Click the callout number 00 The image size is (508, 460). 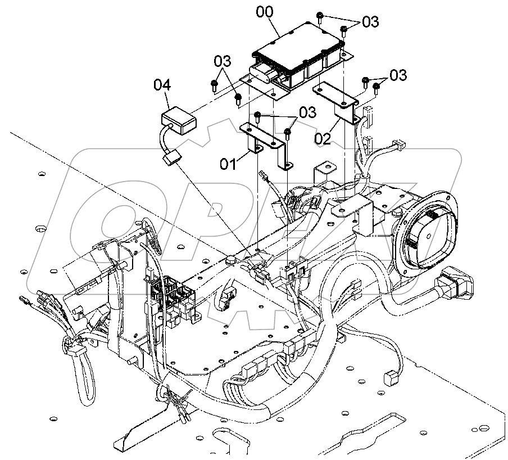pos(265,12)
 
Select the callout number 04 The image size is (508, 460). pos(162,85)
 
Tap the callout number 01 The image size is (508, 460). pos(228,164)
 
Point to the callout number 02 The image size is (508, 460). pos(323,139)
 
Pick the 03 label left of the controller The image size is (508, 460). pos(223,61)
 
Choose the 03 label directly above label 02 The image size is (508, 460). pos(398,75)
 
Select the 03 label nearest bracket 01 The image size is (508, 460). pos(307,112)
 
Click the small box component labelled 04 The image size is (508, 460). pos(179,120)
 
